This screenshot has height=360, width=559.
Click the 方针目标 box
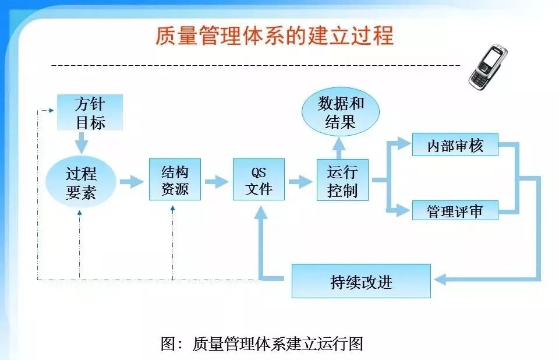tap(90, 112)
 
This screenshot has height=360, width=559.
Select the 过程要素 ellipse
tap(80, 182)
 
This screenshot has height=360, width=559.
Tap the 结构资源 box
tap(175, 179)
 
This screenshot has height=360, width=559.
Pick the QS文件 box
tap(259, 179)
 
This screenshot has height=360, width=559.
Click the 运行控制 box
tap(342, 179)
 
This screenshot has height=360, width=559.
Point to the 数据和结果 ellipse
tap(341, 112)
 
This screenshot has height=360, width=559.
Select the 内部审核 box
tap(455, 144)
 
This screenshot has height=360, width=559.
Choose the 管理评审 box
tap(455, 210)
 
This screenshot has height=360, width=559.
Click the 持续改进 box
tap(361, 281)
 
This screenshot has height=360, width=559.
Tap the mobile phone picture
tap(488, 66)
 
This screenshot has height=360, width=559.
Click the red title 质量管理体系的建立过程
tap(274, 36)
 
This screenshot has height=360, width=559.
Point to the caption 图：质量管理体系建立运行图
tap(262, 343)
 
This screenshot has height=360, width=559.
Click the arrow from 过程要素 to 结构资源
tap(132, 182)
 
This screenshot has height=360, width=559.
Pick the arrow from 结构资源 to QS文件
tap(217, 181)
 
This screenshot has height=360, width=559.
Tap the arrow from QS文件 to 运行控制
tap(300, 181)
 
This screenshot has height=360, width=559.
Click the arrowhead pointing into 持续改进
tap(440, 280)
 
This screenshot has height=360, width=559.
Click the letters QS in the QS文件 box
tap(259, 172)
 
